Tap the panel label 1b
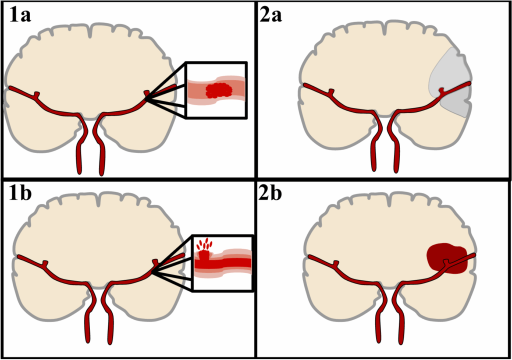[21, 193]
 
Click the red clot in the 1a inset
[219, 90]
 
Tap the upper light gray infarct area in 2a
[447, 70]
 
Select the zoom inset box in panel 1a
[216, 90]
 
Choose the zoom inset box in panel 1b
[222, 262]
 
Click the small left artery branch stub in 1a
[37, 94]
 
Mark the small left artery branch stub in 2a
[330, 92]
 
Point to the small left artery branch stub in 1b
[44, 262]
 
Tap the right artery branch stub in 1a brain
[145, 93]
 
